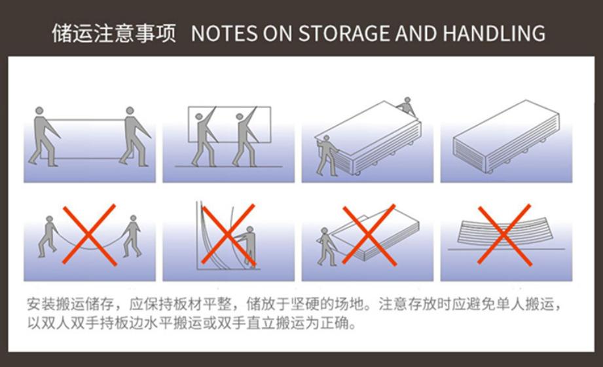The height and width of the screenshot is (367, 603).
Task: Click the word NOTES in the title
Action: pos(224,33)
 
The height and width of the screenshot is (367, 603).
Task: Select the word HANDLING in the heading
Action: pos(494,33)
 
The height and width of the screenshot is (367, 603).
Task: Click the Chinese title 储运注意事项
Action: pos(114,33)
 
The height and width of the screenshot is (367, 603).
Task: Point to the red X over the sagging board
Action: pos(90,235)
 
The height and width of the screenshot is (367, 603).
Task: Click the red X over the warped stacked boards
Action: pos(505,235)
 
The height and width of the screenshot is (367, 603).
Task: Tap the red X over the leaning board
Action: pos(228,235)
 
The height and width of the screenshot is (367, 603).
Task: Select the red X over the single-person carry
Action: pos(369,235)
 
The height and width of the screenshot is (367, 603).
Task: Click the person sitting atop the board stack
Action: pos(407,106)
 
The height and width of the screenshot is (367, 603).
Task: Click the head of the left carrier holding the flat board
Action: pos(39,111)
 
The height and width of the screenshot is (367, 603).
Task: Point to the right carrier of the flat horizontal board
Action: pos(135,136)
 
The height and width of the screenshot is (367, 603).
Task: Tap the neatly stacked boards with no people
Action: pos(506,136)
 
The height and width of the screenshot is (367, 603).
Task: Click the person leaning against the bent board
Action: pos(248,246)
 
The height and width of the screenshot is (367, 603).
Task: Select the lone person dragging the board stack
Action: pos(327,246)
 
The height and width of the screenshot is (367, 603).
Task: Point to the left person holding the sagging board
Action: pos(48,237)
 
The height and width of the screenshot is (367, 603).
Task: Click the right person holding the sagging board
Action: pos(132,236)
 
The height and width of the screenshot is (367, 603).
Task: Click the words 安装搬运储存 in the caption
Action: pos(70,304)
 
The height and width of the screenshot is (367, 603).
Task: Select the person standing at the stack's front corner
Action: pos(327,155)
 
